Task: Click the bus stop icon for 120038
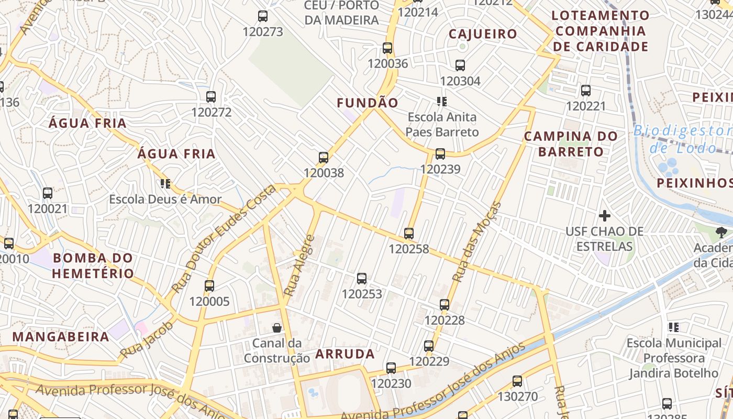[324, 157]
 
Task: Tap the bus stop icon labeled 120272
[211, 97]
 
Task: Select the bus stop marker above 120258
[409, 234]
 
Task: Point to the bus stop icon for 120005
[209, 286]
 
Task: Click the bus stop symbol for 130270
[517, 381]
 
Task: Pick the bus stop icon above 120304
[460, 65]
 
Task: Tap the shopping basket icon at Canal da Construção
[277, 328]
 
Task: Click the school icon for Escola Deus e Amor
[165, 184]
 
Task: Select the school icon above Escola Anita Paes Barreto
[442, 101]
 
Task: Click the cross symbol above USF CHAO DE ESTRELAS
[605, 216]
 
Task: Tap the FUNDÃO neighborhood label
[368, 103]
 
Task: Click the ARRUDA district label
[345, 354]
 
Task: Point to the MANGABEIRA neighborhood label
[61, 337]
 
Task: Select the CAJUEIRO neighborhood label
[483, 35]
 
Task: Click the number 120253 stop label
[362, 294]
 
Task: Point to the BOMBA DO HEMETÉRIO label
[93, 266]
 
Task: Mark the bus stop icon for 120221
[586, 91]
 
